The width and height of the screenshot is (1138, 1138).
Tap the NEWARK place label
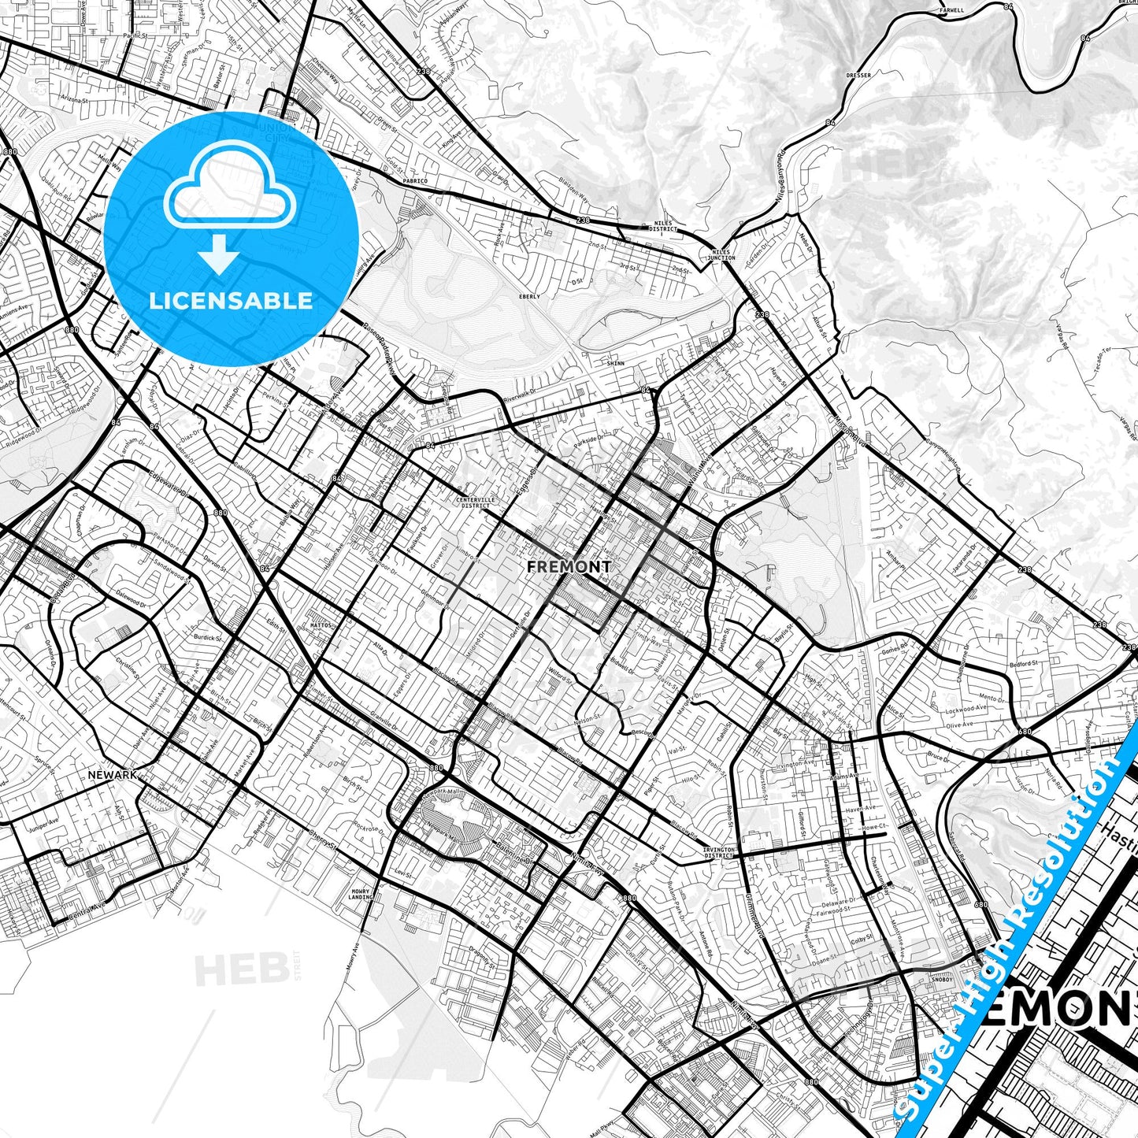[x=113, y=775]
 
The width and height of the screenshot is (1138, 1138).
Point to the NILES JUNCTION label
[x=721, y=254]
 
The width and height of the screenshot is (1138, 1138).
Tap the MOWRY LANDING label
[x=361, y=895]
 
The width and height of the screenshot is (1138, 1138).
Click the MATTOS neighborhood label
[x=322, y=625]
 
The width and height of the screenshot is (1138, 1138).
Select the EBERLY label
[x=529, y=297]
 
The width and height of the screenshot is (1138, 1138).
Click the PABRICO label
[x=415, y=181]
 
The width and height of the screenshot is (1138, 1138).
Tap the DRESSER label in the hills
[x=858, y=76]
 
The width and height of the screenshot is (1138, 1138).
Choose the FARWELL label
[x=952, y=10]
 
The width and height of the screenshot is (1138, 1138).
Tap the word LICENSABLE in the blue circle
[x=231, y=301]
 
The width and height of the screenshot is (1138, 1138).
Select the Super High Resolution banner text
[x=1016, y=929]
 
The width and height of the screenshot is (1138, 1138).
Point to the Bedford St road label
[x=1025, y=664]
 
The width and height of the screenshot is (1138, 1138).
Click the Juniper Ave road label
[x=44, y=821]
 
